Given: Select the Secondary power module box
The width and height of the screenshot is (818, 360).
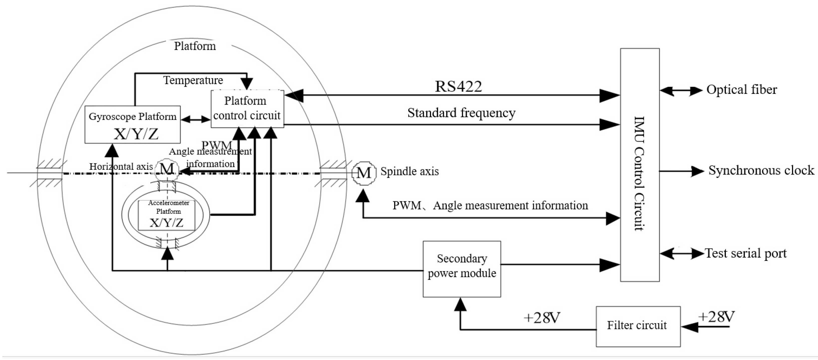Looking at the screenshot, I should coord(462,269).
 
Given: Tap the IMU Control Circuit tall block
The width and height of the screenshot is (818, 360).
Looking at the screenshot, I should coord(640,165).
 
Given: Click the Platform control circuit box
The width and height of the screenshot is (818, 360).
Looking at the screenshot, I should coord(247,109).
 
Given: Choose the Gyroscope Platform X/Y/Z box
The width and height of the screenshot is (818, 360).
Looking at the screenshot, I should coord(132,124).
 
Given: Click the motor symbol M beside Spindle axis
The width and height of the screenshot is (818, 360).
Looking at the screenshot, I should coord(364,173).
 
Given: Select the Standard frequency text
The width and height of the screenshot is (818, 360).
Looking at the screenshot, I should coord(461,113).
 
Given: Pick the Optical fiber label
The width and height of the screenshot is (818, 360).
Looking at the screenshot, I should coord(741,90).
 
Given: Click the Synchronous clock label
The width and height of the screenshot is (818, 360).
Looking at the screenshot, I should coord(761,170).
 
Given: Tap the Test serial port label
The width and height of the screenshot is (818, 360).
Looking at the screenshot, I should coord(746,253).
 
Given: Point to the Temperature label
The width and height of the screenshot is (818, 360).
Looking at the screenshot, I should coord(193,80).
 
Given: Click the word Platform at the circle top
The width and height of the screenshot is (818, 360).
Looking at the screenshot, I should coord(195,46).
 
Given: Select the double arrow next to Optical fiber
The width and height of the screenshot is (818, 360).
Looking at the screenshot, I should coord(681,91).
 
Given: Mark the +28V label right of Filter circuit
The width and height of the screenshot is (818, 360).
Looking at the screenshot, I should coord(716,317).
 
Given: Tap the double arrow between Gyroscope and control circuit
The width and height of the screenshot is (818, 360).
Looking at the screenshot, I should coord(195,119).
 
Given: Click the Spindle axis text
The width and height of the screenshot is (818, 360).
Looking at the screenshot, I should coord(409,171).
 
